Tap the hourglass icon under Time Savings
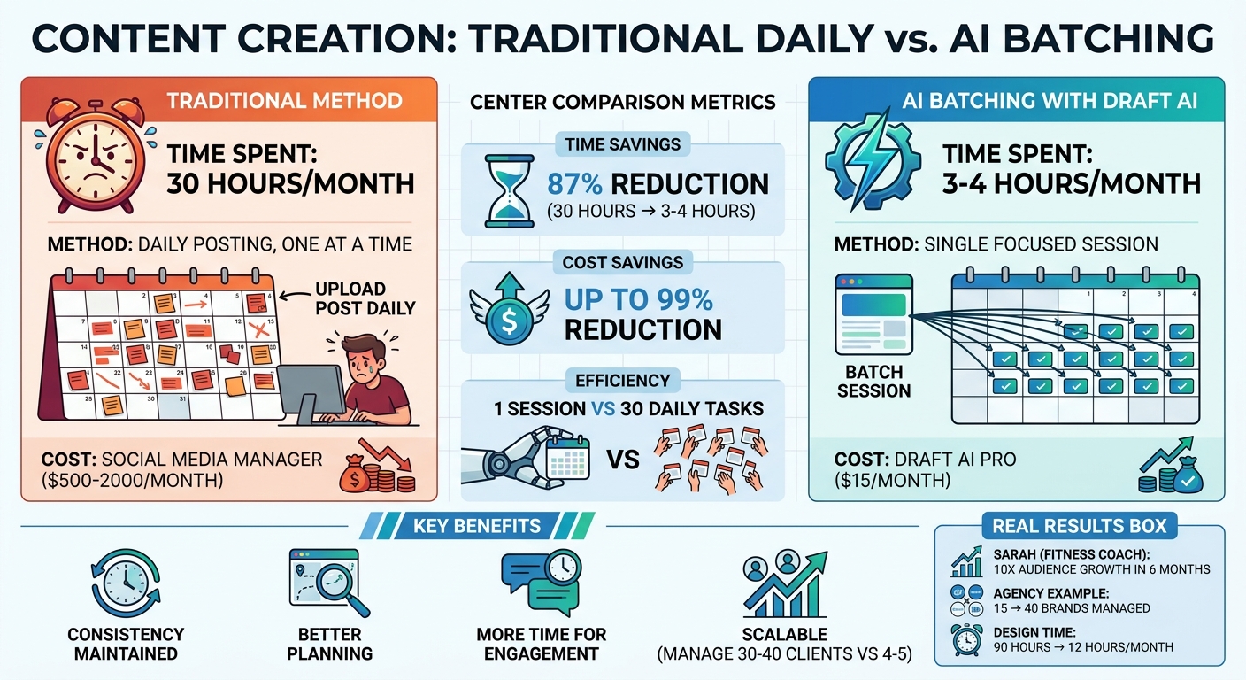click(503, 191)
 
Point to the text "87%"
click(577, 184)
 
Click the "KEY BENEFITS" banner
click(476, 526)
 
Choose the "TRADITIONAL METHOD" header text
click(284, 100)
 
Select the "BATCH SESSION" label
click(873, 381)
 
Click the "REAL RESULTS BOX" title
click(1079, 526)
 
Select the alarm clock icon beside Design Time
click(966, 638)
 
